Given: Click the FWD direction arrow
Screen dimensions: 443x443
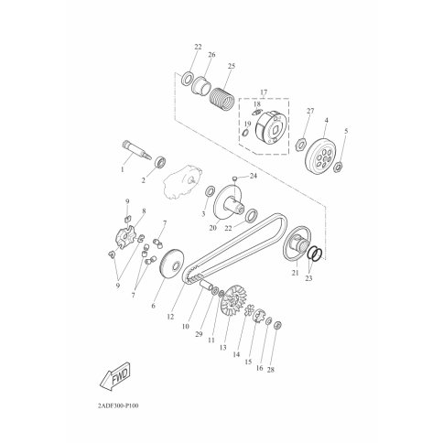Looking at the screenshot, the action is (x=115, y=376).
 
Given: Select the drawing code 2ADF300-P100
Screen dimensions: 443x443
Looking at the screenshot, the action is (x=118, y=406).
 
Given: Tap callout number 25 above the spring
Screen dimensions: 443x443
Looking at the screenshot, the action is (x=232, y=66).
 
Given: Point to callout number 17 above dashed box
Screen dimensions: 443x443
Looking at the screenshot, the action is (x=264, y=92).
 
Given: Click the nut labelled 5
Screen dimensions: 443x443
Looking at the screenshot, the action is (x=339, y=167).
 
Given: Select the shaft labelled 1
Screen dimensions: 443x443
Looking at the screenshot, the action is (x=137, y=149).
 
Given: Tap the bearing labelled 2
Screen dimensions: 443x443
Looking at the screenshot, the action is (x=161, y=161).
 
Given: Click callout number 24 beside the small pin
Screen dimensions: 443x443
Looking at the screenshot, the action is (x=254, y=176).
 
